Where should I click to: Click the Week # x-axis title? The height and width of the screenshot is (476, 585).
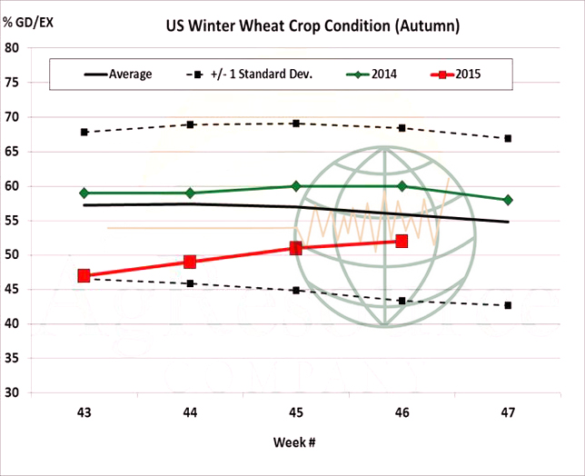click(x=295, y=441)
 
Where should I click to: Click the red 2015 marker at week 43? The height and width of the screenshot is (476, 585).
click(x=84, y=275)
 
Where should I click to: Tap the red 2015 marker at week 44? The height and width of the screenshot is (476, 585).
click(x=190, y=262)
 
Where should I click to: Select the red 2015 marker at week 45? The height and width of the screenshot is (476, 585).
click(x=295, y=248)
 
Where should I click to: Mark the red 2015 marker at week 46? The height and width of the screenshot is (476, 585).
click(x=402, y=241)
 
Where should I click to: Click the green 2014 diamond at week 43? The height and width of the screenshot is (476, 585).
click(x=84, y=193)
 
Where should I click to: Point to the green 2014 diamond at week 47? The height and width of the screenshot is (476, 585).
click(x=508, y=200)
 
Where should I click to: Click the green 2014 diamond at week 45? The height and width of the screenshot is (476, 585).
click(x=295, y=186)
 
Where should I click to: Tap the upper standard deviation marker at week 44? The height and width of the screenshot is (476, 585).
click(x=190, y=124)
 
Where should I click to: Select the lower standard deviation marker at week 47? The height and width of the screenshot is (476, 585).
click(x=508, y=305)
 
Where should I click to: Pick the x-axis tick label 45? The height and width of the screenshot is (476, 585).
click(x=295, y=412)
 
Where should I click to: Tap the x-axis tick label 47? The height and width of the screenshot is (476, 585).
click(x=508, y=412)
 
